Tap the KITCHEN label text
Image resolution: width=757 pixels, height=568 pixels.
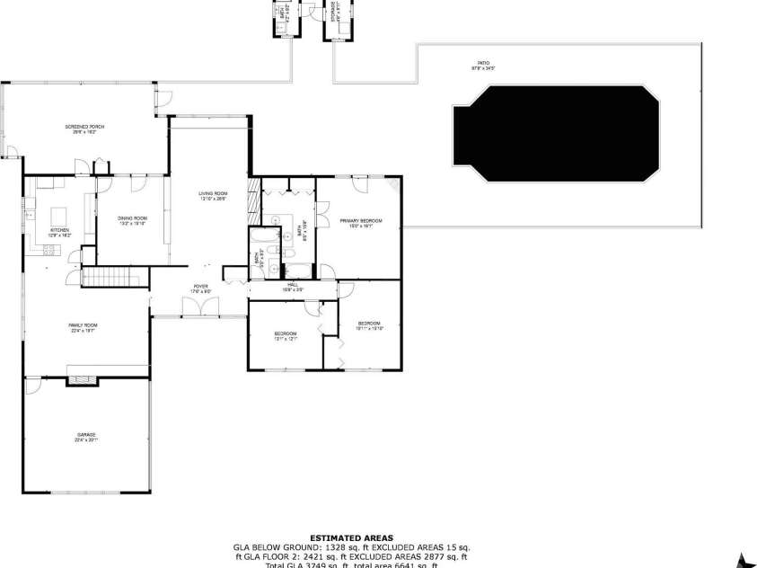coord(59,231)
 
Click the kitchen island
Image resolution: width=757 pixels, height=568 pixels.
coord(61,216)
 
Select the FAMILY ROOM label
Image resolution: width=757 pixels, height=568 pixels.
coord(83,326)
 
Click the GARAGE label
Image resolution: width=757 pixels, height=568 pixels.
coord(85,437)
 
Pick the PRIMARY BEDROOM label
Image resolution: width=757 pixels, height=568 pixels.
coord(361,221)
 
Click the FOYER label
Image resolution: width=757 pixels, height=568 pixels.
coord(200,288)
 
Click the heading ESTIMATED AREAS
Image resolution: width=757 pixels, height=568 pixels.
coord(351,537)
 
